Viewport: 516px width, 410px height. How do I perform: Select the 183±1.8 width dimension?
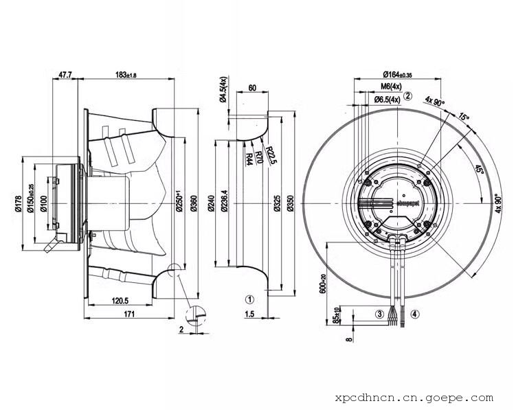tap(127, 73)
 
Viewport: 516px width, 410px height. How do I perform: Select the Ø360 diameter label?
tap(192, 204)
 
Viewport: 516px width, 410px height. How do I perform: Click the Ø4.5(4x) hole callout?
tap(223, 89)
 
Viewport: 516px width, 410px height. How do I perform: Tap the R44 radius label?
tap(248, 159)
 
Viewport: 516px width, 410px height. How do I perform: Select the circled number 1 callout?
tap(250, 299)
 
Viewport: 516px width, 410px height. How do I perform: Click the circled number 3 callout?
tap(379, 314)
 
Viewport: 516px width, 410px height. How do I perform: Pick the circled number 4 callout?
tap(414, 314)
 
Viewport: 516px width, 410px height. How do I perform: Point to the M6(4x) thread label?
tap(390, 87)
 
